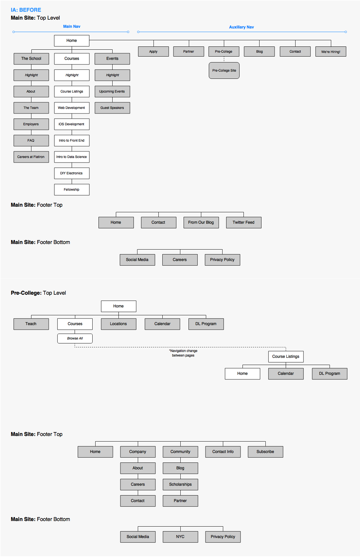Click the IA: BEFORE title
point(26,10)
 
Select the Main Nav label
point(72,26)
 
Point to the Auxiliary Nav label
point(241,27)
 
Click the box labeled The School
point(31,59)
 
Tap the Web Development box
point(72,108)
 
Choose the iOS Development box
point(72,124)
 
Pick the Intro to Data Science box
point(72,157)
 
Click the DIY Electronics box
point(72,173)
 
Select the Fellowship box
point(72,190)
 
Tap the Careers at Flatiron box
point(31,157)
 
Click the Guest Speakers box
point(113,108)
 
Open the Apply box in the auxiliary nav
point(153,51)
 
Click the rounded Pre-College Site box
point(224,71)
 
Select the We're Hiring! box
point(331,52)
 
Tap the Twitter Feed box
point(244,222)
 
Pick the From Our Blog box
point(201,222)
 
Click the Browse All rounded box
point(75,339)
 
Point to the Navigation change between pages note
point(183,353)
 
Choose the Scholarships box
point(181,484)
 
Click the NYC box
point(181,537)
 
